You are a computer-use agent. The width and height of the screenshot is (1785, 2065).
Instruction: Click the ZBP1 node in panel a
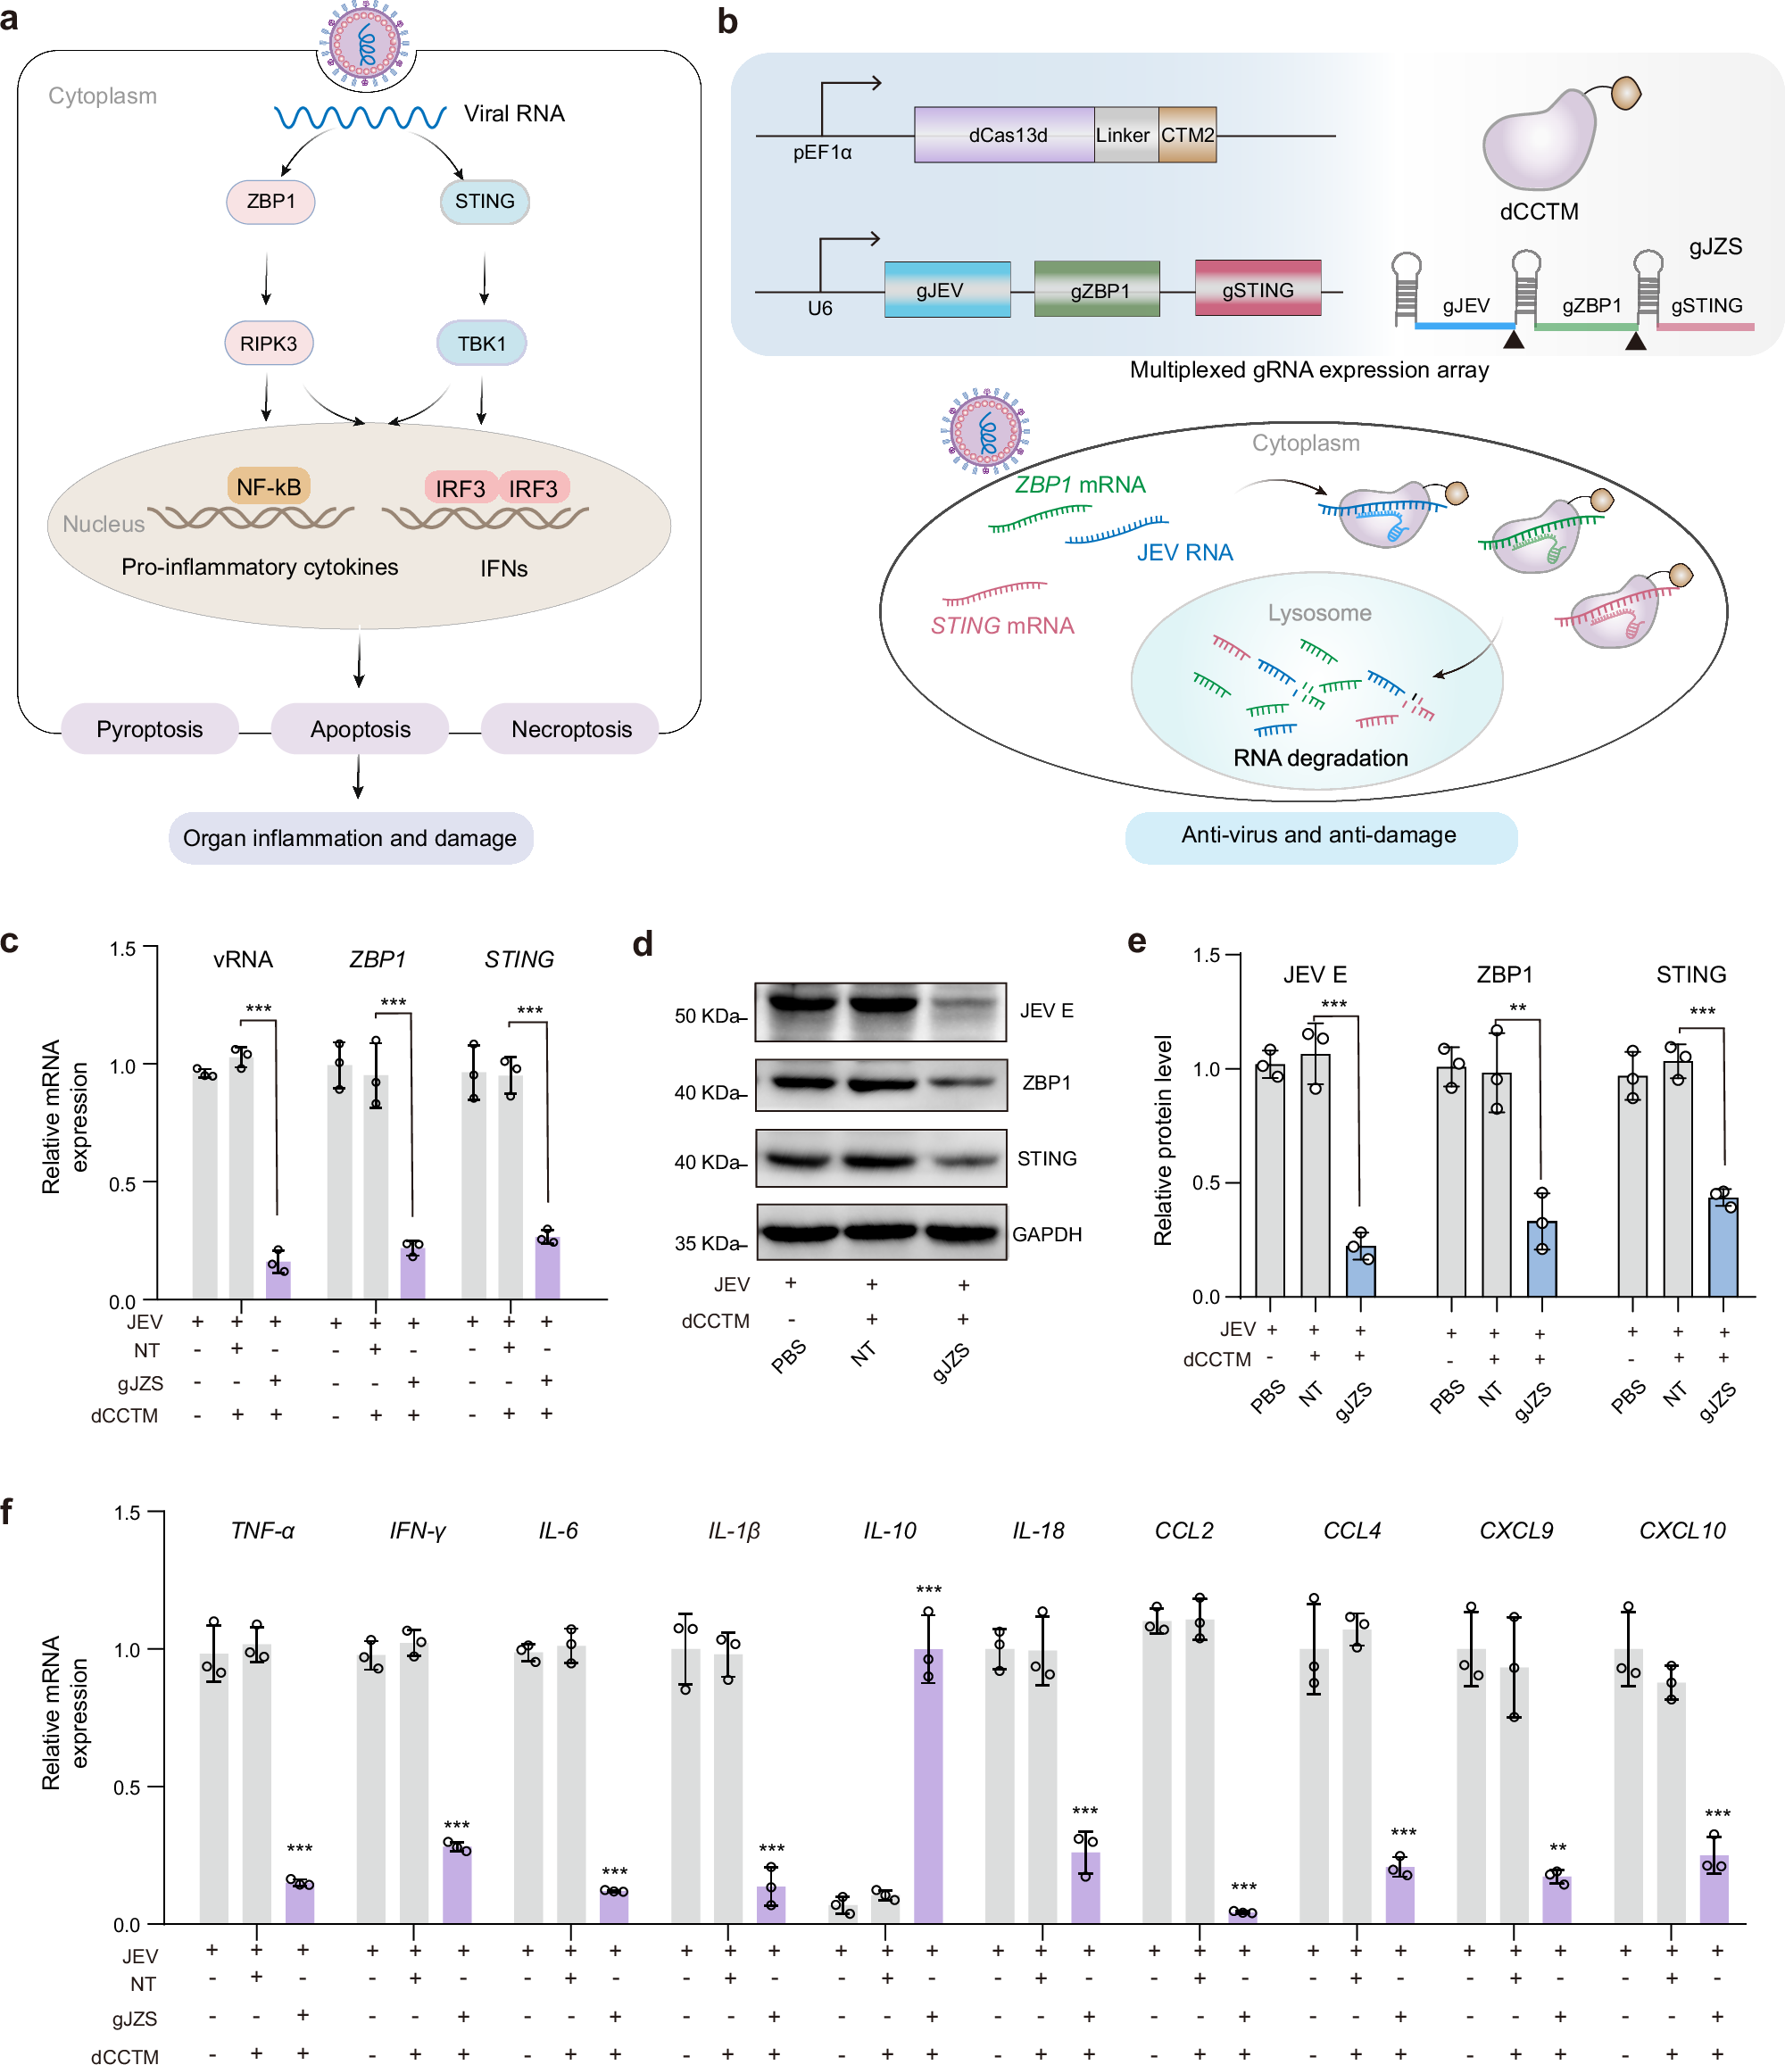pyautogui.click(x=270, y=202)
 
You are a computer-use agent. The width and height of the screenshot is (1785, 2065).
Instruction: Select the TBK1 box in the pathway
pyautogui.click(x=481, y=344)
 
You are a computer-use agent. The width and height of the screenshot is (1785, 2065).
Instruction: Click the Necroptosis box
pyautogui.click(x=571, y=729)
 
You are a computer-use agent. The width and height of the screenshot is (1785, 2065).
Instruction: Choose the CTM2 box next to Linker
pyautogui.click(x=1187, y=136)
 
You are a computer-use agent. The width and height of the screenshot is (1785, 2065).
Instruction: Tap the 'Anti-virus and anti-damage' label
pyautogui.click(x=1318, y=835)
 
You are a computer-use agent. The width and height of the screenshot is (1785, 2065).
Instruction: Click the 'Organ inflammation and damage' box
pyautogui.click(x=350, y=838)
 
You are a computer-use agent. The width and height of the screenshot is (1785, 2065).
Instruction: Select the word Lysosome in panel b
pyautogui.click(x=1318, y=613)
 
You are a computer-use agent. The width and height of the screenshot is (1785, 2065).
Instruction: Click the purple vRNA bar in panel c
pyautogui.click(x=278, y=1280)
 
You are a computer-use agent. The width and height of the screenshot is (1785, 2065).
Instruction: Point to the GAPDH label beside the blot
pyautogui.click(x=1047, y=1234)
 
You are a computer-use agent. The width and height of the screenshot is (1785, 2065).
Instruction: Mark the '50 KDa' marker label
pyautogui.click(x=706, y=1016)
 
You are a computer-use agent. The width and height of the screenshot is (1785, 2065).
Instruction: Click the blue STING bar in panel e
pyautogui.click(x=1723, y=1248)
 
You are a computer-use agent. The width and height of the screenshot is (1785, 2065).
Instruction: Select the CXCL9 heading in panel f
pyautogui.click(x=1515, y=1530)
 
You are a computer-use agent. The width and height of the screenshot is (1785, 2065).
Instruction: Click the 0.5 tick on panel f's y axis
pyautogui.click(x=127, y=1787)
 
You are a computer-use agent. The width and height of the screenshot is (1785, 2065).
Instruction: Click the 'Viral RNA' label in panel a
pyautogui.click(x=514, y=113)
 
